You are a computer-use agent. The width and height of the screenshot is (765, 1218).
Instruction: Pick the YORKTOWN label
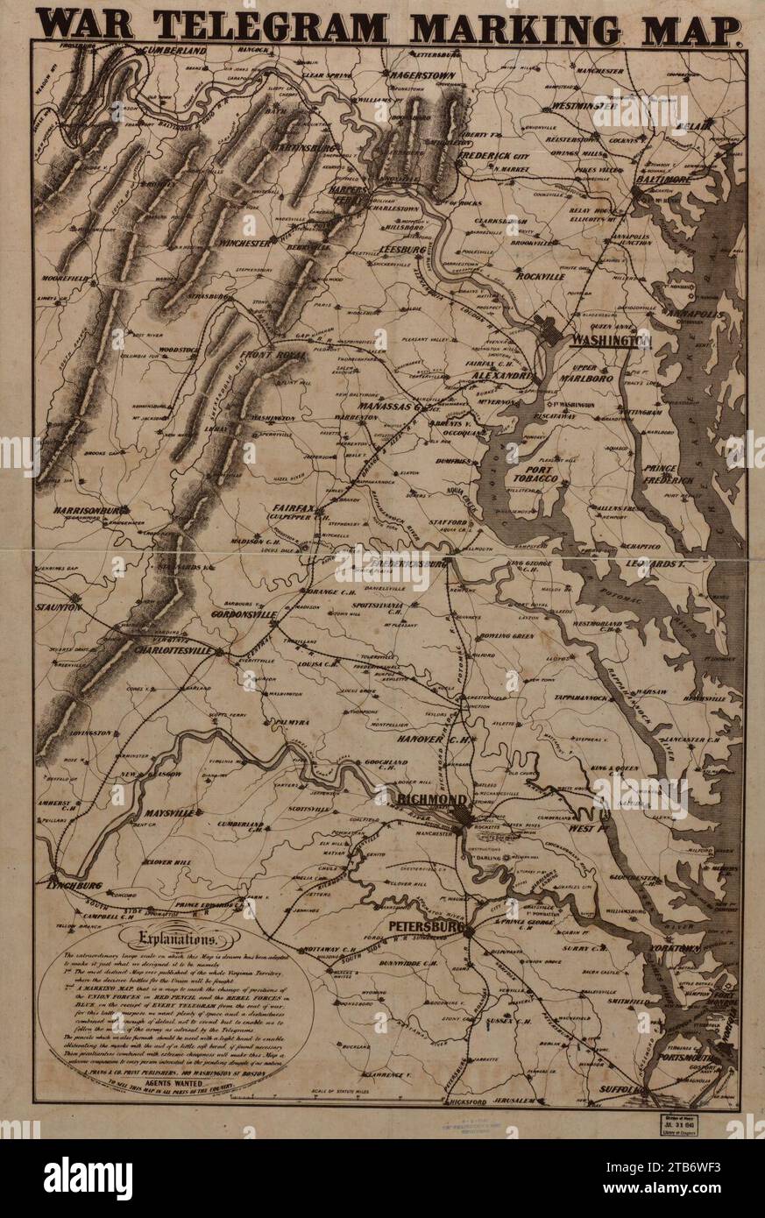click(676, 949)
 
